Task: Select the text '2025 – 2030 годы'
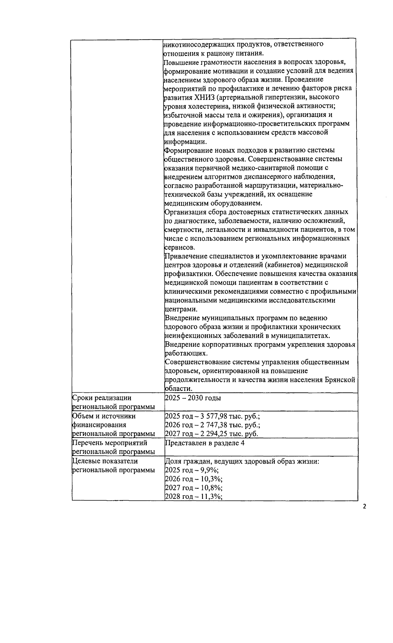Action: (x=193, y=398)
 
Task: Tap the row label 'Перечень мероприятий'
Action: (x=109, y=443)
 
